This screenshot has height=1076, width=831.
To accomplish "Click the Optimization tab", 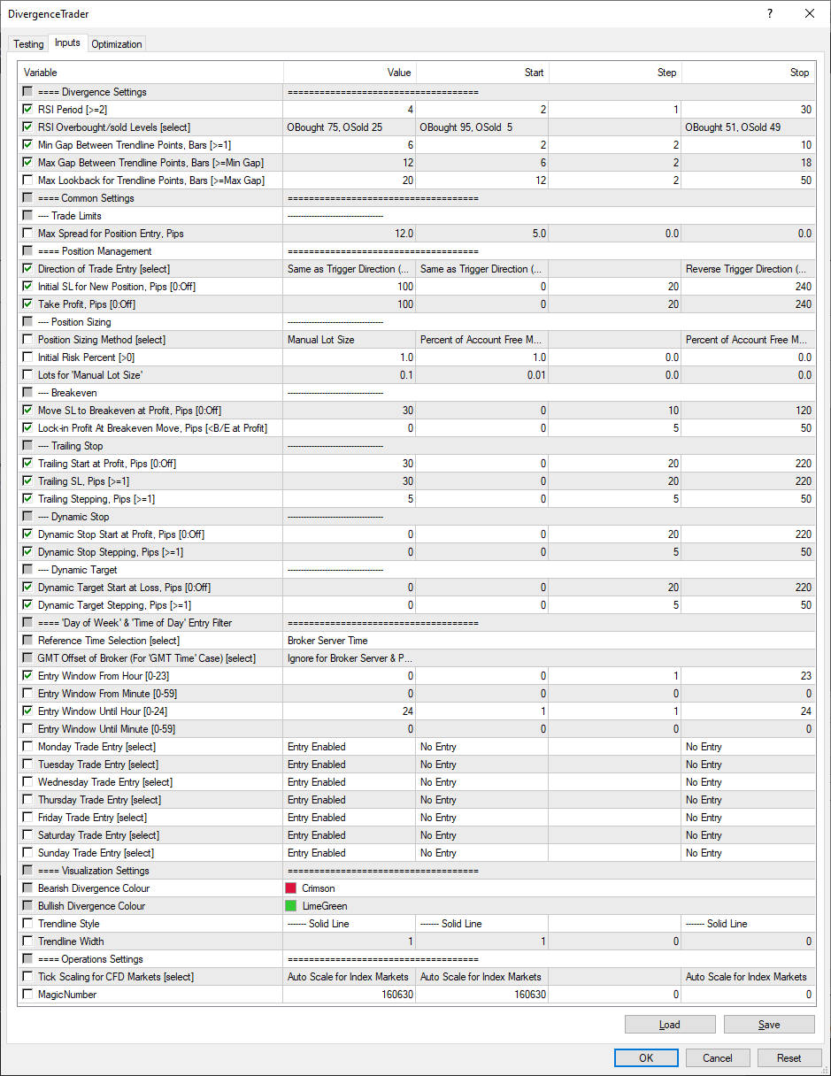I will (116, 43).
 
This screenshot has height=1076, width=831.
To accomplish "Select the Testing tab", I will (28, 43).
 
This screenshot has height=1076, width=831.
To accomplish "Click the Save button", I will (769, 1025).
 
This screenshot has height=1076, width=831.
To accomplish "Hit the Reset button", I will (789, 1057).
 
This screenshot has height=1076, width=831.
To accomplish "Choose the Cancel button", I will (717, 1057).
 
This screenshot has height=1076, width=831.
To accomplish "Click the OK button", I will (646, 1057).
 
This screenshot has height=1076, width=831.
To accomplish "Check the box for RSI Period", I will (28, 110).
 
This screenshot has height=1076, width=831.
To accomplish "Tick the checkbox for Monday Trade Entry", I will (28, 747).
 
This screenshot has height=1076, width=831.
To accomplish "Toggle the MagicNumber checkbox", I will (28, 995).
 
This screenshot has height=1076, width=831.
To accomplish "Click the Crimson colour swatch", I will (291, 888).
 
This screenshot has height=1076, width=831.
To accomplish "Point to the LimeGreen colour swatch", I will (291, 906).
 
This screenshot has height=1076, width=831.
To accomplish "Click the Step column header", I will (666, 73).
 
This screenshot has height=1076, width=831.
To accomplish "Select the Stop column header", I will (799, 73).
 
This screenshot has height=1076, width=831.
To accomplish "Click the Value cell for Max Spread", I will (350, 234).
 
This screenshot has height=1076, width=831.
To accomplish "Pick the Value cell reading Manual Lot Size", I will (350, 340).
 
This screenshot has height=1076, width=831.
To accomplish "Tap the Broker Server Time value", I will (327, 641).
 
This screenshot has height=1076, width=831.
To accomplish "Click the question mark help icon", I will (770, 13).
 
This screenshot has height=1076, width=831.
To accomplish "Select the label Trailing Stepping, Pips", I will (96, 499).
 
